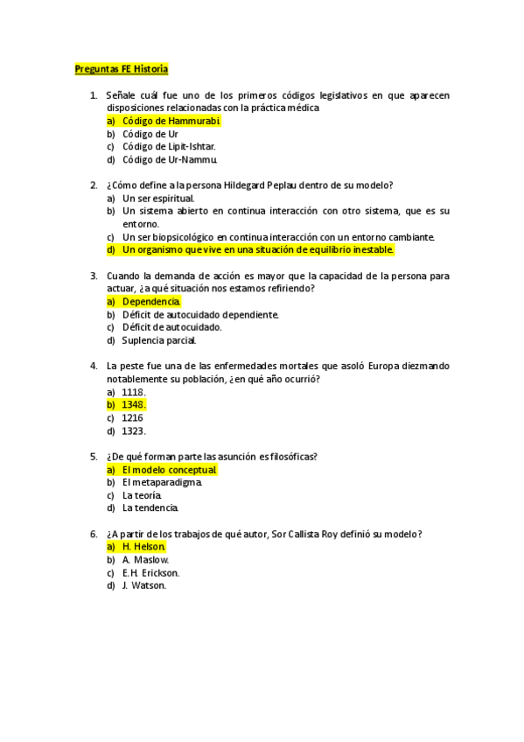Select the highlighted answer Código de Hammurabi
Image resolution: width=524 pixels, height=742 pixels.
click(171, 121)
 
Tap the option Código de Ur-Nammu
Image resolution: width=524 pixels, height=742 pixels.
click(170, 160)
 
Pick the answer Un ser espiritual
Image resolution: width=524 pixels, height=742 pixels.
click(158, 198)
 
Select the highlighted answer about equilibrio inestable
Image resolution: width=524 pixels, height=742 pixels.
click(258, 249)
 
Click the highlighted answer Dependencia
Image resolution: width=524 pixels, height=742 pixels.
click(151, 301)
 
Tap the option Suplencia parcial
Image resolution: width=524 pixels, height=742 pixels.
click(159, 340)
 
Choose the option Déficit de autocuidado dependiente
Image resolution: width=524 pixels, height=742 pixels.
click(200, 314)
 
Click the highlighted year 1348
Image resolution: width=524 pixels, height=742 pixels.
click(134, 404)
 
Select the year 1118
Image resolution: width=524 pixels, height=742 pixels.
click(134, 392)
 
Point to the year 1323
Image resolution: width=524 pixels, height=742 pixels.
click(134, 430)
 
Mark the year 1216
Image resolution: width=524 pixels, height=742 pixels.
click(133, 417)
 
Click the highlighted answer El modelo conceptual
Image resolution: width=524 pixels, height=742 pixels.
click(169, 469)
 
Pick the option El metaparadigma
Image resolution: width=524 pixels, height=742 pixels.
click(163, 482)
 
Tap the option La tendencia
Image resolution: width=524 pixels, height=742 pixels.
click(150, 507)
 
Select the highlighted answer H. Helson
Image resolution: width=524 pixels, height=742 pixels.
click(144, 547)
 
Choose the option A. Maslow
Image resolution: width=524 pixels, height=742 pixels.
click(146, 559)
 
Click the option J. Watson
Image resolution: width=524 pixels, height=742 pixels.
click(144, 585)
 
